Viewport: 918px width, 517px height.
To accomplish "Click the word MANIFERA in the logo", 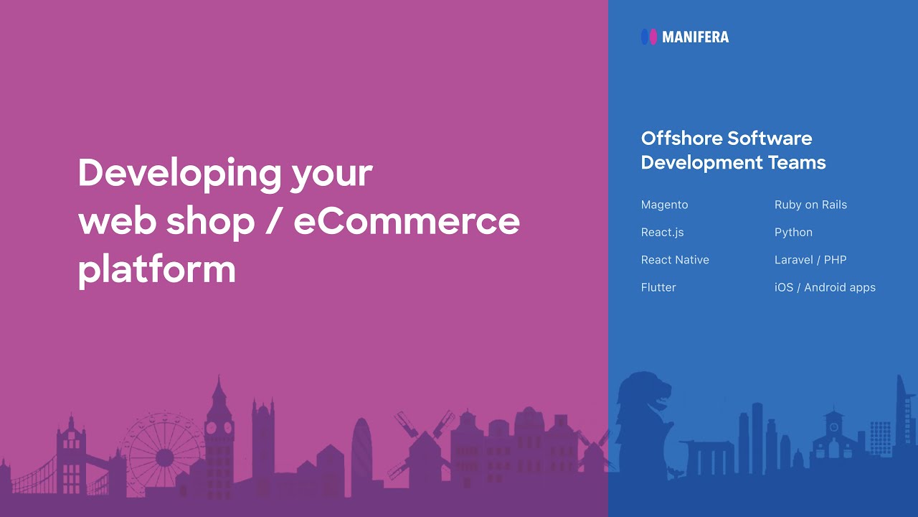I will click(x=695, y=37).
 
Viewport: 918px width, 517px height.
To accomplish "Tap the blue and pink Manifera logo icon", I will click(x=649, y=37).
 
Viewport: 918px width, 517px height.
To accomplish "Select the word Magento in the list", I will click(x=664, y=205).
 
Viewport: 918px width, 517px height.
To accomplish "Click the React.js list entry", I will click(x=662, y=233).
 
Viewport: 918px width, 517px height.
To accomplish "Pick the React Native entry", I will click(x=675, y=260).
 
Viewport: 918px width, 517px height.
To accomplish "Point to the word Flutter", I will click(x=658, y=287).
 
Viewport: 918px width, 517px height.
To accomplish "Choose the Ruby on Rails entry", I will click(x=810, y=205).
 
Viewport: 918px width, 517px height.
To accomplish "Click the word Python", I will click(x=793, y=233).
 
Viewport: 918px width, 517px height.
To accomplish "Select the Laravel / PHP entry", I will click(x=810, y=260).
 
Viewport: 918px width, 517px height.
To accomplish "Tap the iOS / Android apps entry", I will click(x=825, y=287).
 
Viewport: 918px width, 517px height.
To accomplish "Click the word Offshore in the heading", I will click(x=681, y=138).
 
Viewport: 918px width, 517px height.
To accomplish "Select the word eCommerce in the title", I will click(x=407, y=221).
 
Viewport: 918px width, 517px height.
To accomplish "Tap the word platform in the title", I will click(x=156, y=269).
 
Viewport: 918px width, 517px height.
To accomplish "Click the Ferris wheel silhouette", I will click(x=164, y=454).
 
